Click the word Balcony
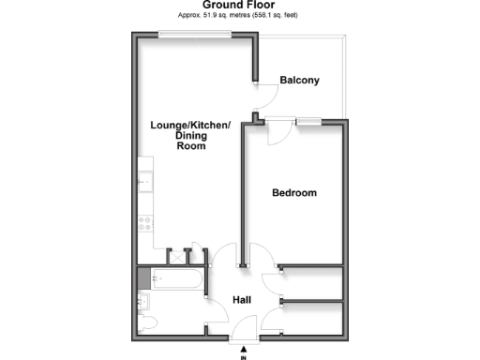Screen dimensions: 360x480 click(300, 81)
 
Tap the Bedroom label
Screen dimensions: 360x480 click(294, 193)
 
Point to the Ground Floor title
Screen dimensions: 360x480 click(240, 6)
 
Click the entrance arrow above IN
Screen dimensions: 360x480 click(243, 347)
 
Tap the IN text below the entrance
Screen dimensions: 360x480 click(243, 357)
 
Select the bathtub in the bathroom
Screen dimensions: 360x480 click(175, 278)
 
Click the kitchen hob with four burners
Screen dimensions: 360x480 click(144, 225)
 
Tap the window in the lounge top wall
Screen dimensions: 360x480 click(194, 36)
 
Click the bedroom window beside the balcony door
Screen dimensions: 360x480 click(308, 120)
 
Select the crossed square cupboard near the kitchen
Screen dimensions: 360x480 click(174, 256)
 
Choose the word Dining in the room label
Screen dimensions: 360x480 click(190, 136)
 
